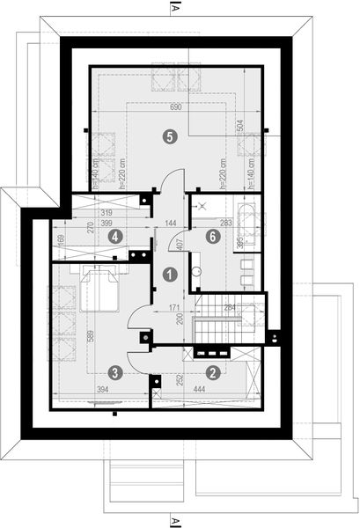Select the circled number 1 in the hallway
pos(167,275)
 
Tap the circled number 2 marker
pos(212,372)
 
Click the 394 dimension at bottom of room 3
pos(101,389)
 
